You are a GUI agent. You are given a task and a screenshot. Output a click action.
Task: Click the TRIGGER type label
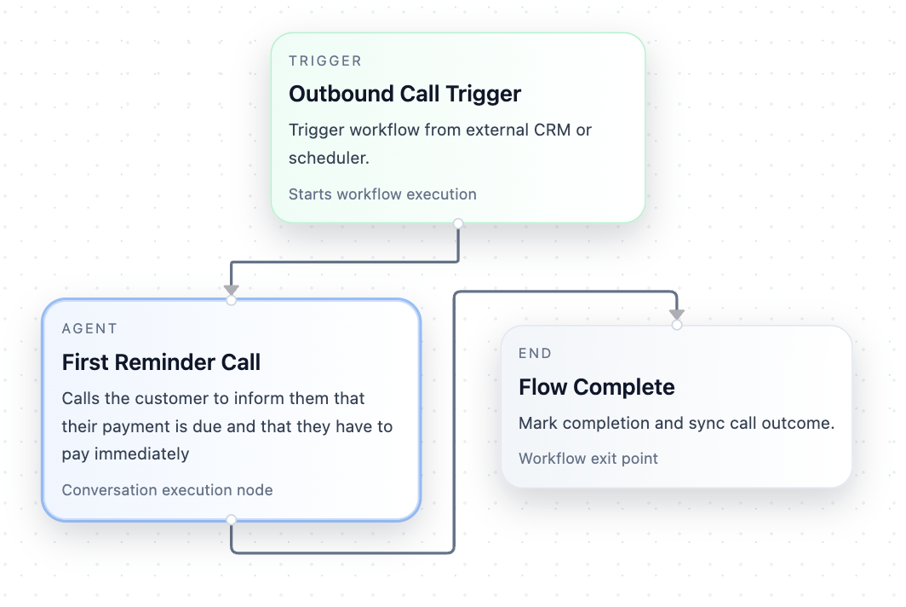click(325, 61)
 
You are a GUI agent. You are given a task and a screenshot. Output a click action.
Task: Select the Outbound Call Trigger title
click(404, 94)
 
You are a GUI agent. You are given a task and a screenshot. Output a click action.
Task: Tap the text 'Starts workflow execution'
click(382, 194)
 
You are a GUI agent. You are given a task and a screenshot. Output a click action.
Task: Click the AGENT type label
click(89, 329)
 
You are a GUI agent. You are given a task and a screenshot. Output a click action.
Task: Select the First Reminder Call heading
click(161, 362)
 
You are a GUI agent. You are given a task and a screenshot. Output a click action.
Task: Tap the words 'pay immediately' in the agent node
click(125, 454)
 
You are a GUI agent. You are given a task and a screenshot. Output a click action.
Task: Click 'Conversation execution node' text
click(167, 490)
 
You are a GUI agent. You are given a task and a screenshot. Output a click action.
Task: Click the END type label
click(535, 354)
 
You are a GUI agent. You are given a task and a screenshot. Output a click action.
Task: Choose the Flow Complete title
click(596, 387)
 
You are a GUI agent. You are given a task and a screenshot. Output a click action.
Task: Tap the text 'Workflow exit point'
click(588, 459)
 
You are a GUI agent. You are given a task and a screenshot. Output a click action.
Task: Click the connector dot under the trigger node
click(458, 223)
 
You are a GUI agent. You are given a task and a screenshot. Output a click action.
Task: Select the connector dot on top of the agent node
click(231, 300)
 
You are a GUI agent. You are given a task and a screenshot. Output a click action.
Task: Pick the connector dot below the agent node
click(231, 519)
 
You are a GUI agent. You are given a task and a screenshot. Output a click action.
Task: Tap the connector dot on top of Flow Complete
click(677, 325)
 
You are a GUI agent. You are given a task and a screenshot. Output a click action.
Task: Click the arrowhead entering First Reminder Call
click(231, 291)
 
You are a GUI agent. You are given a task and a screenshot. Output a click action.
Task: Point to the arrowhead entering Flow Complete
click(677, 315)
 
